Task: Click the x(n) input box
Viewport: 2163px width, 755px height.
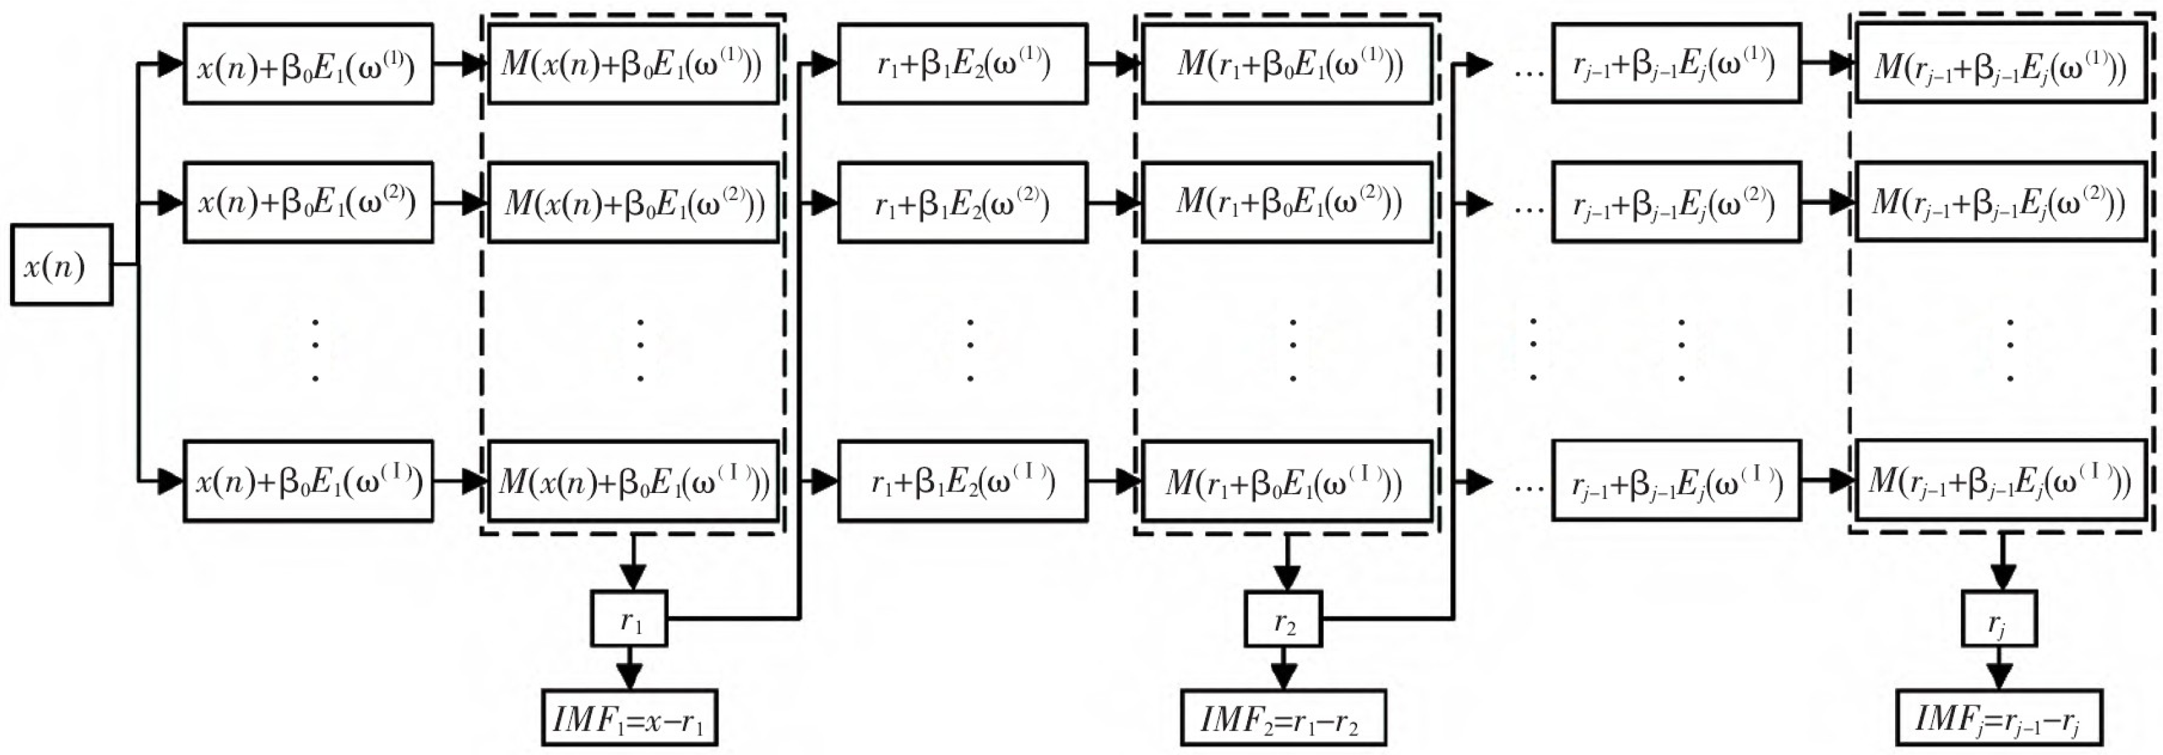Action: (x=61, y=265)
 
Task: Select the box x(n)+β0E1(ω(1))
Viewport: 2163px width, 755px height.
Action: (x=308, y=64)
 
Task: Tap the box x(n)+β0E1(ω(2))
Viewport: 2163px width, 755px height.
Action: (x=308, y=202)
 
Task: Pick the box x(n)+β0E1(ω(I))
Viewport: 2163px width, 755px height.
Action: (x=308, y=481)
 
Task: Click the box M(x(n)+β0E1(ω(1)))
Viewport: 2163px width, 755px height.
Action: (x=633, y=64)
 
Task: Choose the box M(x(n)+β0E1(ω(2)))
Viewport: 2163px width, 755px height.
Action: (x=633, y=202)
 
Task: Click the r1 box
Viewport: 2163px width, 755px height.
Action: (x=629, y=619)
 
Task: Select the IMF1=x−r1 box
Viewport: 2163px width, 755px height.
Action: (x=629, y=718)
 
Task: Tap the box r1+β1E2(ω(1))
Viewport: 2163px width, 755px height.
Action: (x=962, y=64)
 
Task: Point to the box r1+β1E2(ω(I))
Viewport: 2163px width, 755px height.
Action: (x=962, y=481)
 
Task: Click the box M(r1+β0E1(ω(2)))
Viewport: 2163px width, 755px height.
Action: (x=1287, y=202)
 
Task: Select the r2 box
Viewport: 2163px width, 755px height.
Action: (x=1283, y=619)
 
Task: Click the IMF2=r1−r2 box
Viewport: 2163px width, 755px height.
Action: (x=1283, y=718)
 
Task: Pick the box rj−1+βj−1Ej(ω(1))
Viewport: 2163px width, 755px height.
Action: (x=1676, y=64)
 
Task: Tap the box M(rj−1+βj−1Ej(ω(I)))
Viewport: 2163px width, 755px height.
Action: (x=2000, y=481)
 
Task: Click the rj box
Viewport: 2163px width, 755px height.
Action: (x=1998, y=619)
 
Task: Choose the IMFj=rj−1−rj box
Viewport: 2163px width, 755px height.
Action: (x=1998, y=718)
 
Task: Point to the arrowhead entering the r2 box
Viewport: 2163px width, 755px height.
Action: (x=1287, y=578)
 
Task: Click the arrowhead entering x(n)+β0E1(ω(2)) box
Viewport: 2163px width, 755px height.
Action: (x=171, y=202)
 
